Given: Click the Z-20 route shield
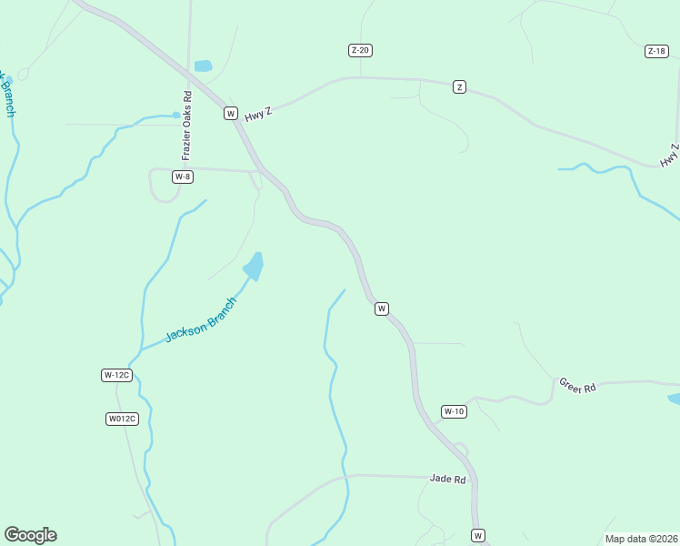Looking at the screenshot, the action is pos(360,50).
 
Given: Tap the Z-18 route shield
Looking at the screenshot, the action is pos(657,51).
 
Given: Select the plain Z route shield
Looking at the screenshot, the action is pos(460,86).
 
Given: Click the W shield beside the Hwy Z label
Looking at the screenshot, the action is pos(231,114).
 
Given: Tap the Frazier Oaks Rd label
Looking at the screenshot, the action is pos(186,126).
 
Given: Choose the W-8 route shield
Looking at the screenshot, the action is pos(183,177).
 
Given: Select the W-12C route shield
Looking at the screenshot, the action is pos(117,375).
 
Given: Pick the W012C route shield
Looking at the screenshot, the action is pos(121,419).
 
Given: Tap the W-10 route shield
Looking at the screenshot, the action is pos(454,411).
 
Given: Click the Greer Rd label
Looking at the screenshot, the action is pos(576,386).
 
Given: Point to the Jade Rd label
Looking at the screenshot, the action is pos(447,479).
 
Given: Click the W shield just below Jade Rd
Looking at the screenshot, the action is pos(478,534).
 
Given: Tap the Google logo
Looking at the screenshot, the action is pos(30,535).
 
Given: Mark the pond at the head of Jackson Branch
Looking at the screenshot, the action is pos(254,266).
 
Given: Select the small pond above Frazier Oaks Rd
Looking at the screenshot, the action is pos(203,66).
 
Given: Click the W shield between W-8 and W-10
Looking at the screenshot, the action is pos(382,308).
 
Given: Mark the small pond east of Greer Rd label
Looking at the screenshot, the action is pos(674,399).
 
